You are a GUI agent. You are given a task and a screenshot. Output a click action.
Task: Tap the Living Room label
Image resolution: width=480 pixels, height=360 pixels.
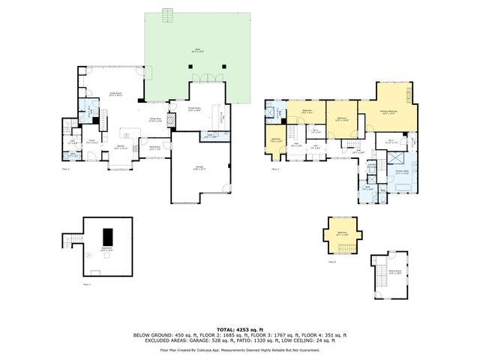point(116,94)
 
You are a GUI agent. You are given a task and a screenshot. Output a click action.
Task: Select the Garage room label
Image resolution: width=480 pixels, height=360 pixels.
point(199,169)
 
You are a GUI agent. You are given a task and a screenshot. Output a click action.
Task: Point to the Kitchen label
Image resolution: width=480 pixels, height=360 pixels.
point(120,148)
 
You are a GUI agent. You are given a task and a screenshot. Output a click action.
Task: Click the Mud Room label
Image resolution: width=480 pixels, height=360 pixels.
point(155,148)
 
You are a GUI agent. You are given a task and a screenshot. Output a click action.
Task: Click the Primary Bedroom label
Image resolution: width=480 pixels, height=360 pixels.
point(388,112)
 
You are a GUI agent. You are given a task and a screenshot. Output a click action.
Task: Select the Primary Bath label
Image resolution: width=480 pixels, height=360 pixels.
point(401,172)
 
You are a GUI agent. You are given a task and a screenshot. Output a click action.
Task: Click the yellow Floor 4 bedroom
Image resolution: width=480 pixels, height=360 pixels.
point(342,234)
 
